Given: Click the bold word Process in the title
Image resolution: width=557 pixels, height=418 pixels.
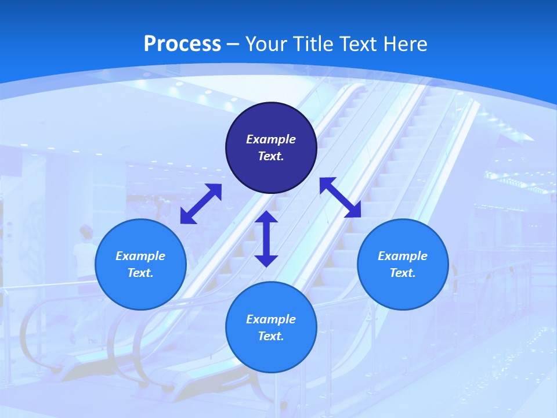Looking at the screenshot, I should tap(182, 44).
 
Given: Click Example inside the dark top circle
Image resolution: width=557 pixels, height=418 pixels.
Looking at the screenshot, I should tap(271, 139).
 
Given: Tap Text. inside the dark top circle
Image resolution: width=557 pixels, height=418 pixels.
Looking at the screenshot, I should tap(271, 156).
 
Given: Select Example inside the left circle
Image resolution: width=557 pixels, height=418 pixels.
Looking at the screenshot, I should tap(140, 256).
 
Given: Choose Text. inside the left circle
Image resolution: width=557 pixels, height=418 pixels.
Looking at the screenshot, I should tap(140, 273).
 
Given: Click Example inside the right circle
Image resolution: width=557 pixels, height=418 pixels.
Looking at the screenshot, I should tap(403, 256).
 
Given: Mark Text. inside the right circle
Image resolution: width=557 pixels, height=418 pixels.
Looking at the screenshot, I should tap(403, 273).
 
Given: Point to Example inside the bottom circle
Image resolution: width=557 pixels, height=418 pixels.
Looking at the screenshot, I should tap(271, 319).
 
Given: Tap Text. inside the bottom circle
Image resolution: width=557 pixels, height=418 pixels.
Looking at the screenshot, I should tap(271, 336).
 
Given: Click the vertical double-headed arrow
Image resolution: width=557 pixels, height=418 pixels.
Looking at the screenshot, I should tap(266, 239).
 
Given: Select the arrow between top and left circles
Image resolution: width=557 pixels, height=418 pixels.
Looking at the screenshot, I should tap(201, 204).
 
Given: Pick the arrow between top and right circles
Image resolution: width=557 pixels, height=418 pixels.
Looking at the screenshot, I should tap(341, 197).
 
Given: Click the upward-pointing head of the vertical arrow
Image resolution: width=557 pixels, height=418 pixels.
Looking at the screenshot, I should tap(266, 217).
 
